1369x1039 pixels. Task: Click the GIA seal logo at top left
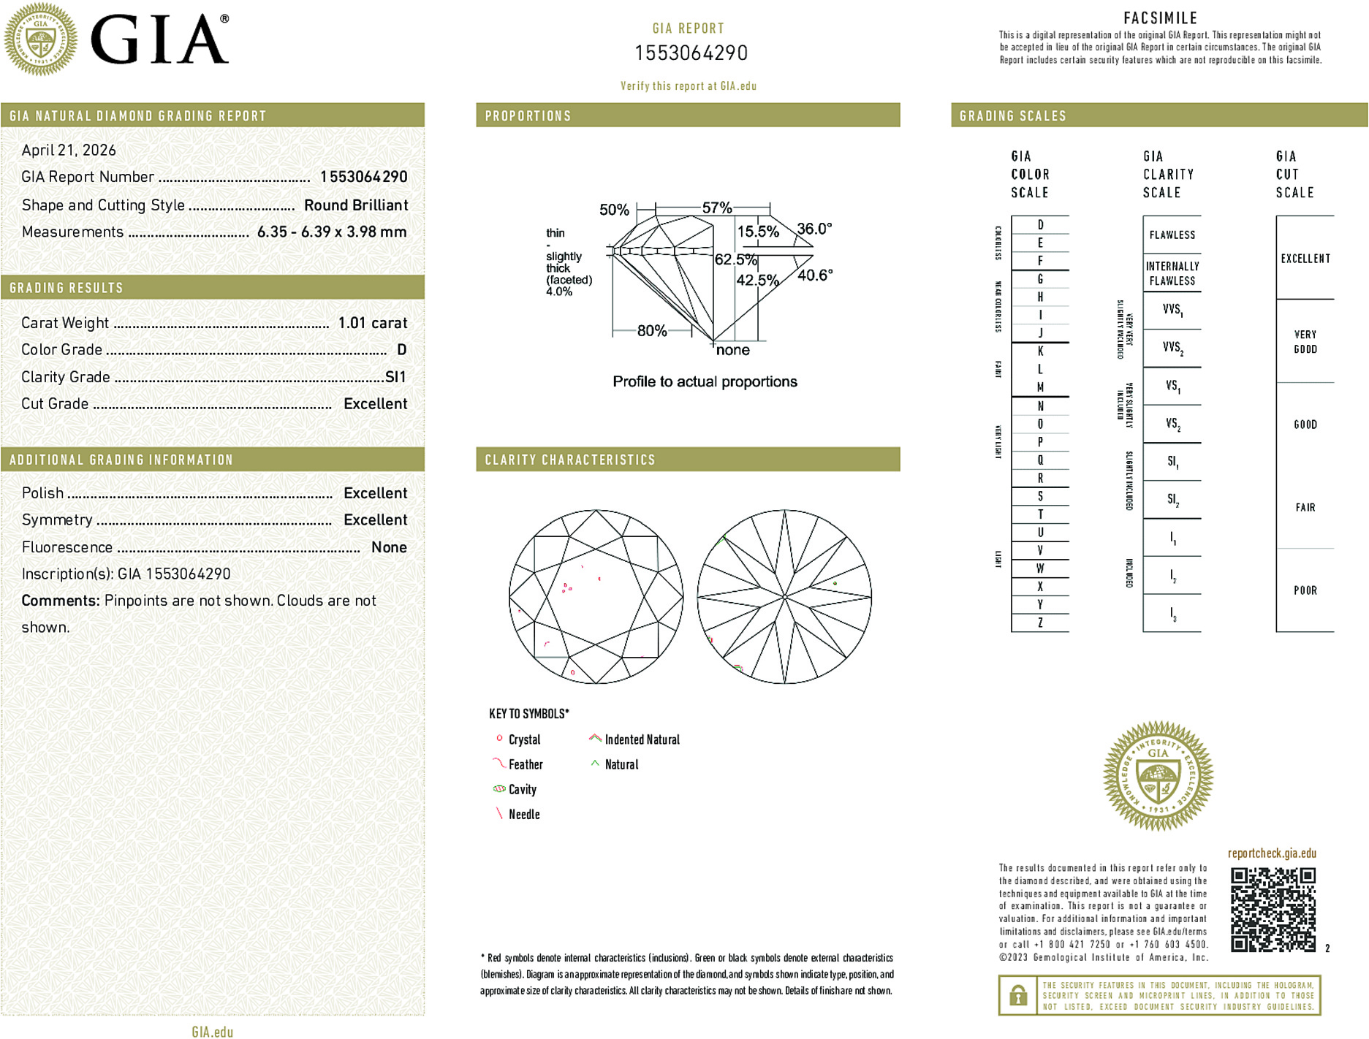41,39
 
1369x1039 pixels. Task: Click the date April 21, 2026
69,151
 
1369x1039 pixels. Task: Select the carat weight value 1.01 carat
372,323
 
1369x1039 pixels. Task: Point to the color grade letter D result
401,350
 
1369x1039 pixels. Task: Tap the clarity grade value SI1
395,377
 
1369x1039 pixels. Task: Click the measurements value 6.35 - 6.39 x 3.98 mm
332,232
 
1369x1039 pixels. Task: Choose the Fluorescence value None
389,547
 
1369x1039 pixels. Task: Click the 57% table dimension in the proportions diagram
716,208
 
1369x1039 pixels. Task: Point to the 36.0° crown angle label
814,229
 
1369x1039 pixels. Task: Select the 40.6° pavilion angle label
815,275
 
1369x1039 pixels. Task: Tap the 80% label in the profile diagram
651,331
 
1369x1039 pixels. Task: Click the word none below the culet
733,351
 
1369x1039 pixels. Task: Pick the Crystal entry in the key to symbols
524,740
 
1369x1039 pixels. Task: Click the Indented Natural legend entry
642,740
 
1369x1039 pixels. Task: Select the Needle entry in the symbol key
524,815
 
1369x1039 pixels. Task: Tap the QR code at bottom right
1273,910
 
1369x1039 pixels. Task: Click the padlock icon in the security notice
1018,995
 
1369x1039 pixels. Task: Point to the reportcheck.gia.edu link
1272,853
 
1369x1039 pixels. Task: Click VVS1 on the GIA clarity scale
1172,310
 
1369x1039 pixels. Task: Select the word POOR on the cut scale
1305,590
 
